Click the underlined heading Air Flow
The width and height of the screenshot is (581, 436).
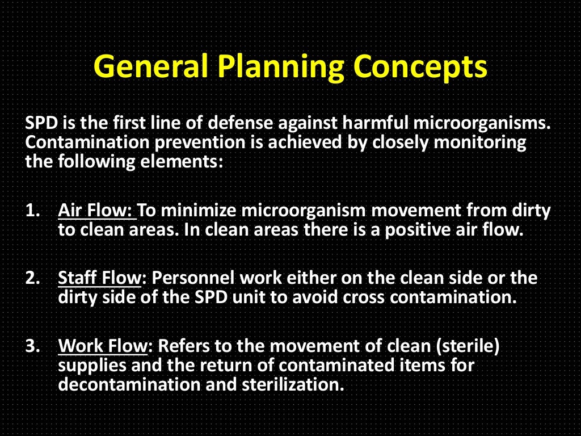click(x=96, y=211)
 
